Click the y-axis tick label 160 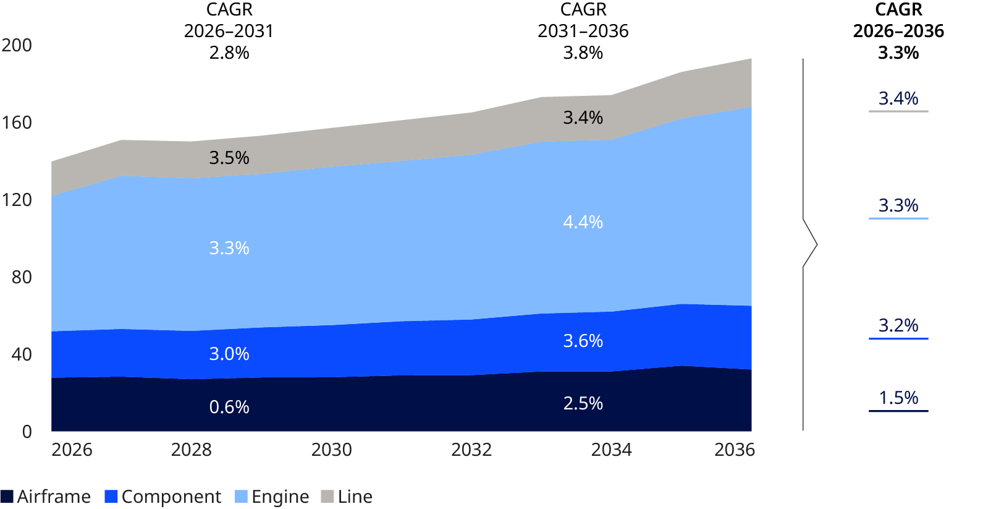click(17, 122)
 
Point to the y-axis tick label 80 click(22, 277)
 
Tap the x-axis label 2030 click(331, 450)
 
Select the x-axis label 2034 click(611, 450)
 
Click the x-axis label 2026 click(72, 450)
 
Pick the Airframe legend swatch click(7, 497)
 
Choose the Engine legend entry click(272, 497)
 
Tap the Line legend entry click(347, 497)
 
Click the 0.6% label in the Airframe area click(229, 407)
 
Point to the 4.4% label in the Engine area click(583, 222)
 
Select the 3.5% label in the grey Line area click(229, 158)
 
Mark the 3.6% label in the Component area click(583, 341)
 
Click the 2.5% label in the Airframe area click(583, 403)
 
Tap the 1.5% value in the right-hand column click(898, 398)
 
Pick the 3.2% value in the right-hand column click(898, 325)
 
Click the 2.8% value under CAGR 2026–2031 click(229, 53)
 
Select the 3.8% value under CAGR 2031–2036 click(583, 53)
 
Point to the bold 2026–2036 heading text click(898, 31)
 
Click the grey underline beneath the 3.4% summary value click(898, 111)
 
